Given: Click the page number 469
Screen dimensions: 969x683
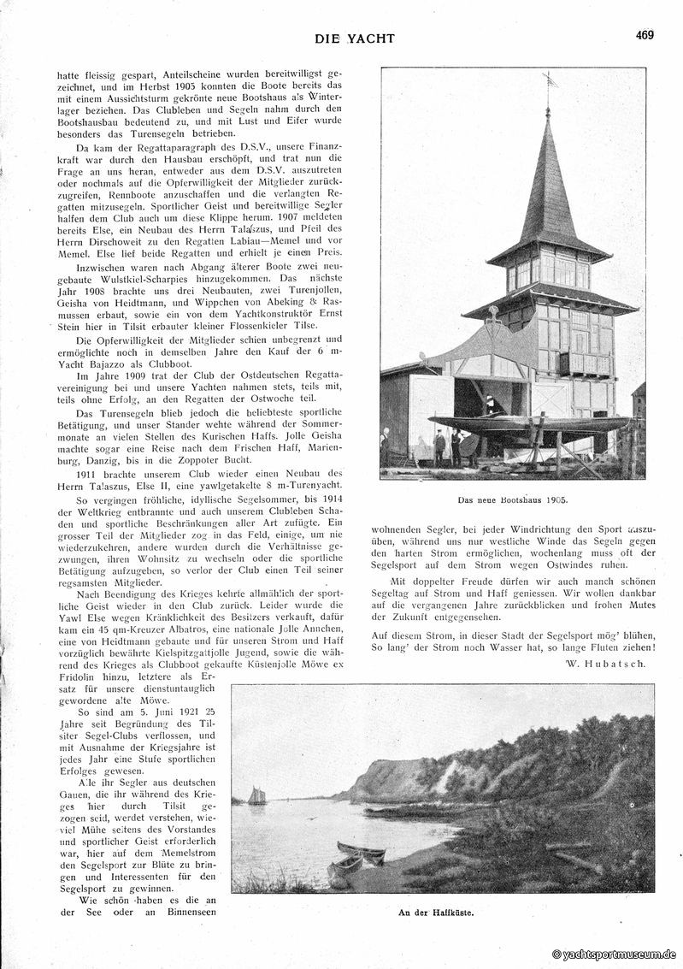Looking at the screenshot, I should click(645, 35).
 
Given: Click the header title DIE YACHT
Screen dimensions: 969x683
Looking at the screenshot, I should click(355, 38).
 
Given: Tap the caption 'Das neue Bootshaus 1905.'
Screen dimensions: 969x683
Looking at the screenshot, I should click(513, 499).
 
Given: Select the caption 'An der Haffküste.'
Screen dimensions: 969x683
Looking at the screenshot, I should click(435, 913).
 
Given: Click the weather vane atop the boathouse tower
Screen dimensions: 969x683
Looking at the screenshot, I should click(550, 80).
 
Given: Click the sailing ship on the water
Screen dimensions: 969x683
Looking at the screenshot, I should click(256, 796).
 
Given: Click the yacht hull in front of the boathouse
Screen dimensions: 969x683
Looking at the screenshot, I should click(530, 422).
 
